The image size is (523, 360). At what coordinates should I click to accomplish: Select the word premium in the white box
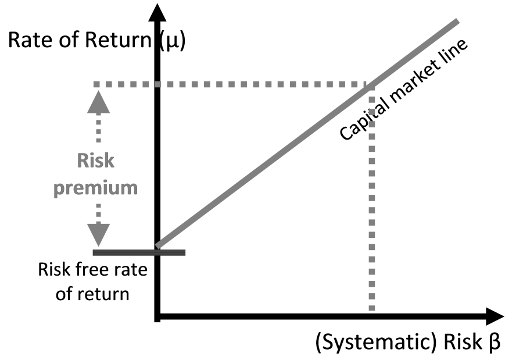(95, 188)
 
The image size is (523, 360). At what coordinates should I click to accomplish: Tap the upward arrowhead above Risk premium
(99, 102)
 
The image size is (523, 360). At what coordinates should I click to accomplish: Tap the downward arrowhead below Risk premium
(99, 235)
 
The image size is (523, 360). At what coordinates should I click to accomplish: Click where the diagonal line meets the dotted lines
(371, 85)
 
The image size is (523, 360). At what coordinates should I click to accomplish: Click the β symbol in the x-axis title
(495, 343)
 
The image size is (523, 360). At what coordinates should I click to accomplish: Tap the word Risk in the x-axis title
(462, 342)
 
